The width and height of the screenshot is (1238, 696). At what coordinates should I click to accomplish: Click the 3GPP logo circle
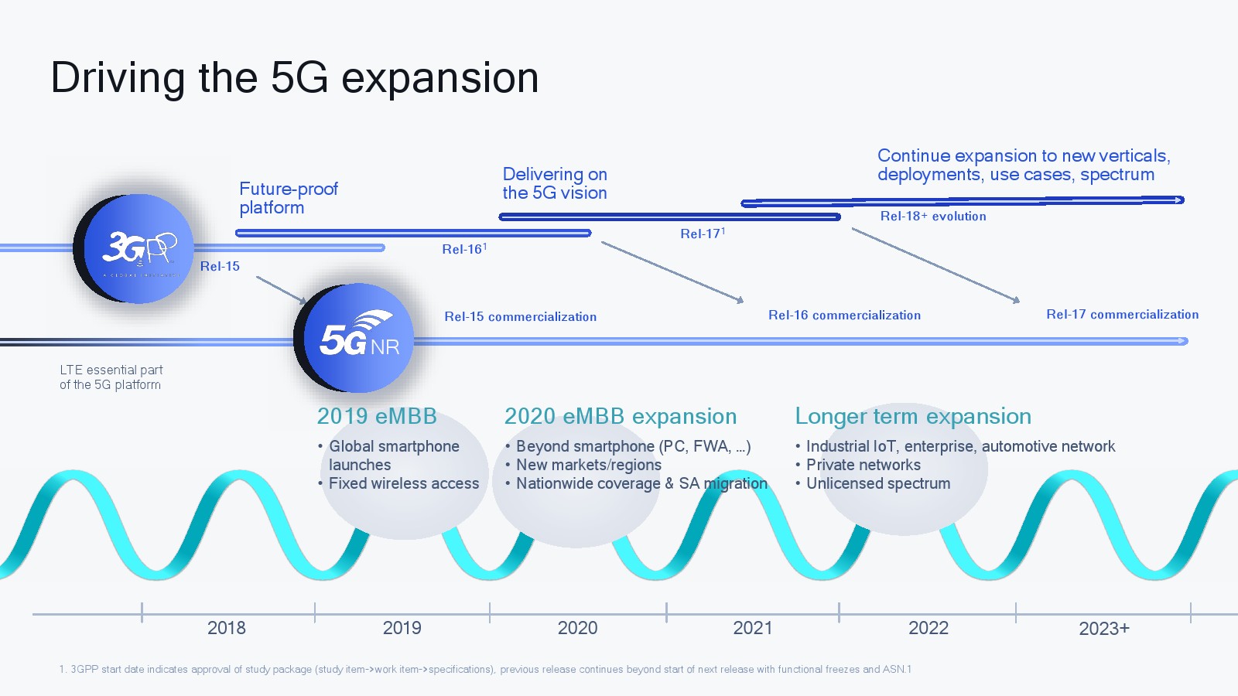[134, 248]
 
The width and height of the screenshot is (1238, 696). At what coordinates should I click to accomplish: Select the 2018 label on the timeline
[227, 628]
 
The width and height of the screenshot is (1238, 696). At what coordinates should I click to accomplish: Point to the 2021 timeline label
[752, 628]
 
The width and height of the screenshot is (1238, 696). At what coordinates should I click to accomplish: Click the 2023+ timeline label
[1104, 629]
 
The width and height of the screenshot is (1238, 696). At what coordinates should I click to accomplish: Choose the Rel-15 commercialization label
[521, 316]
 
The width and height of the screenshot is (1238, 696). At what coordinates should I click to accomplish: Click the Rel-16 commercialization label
[844, 316]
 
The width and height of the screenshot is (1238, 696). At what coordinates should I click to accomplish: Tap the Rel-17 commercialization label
[1123, 314]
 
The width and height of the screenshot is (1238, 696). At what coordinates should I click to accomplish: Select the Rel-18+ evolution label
[933, 216]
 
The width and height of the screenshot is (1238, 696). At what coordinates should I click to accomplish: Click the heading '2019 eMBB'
[376, 416]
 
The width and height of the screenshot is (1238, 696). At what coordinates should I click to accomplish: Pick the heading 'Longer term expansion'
[913, 416]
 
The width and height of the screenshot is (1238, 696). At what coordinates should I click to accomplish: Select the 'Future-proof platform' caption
[289, 198]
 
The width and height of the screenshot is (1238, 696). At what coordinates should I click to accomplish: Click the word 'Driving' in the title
[118, 77]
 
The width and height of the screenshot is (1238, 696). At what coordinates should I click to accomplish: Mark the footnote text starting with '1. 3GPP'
[485, 669]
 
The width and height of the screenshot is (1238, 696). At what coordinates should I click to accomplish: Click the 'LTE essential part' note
[111, 377]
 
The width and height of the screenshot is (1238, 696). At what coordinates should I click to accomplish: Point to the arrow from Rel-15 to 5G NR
[282, 291]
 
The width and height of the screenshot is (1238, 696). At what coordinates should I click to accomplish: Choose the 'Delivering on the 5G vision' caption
[555, 183]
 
